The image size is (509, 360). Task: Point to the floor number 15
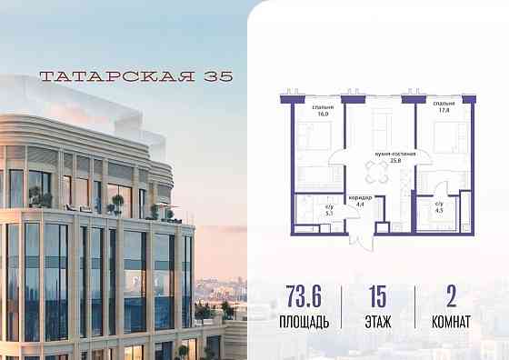(377, 298)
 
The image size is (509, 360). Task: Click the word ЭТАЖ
(377, 320)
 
